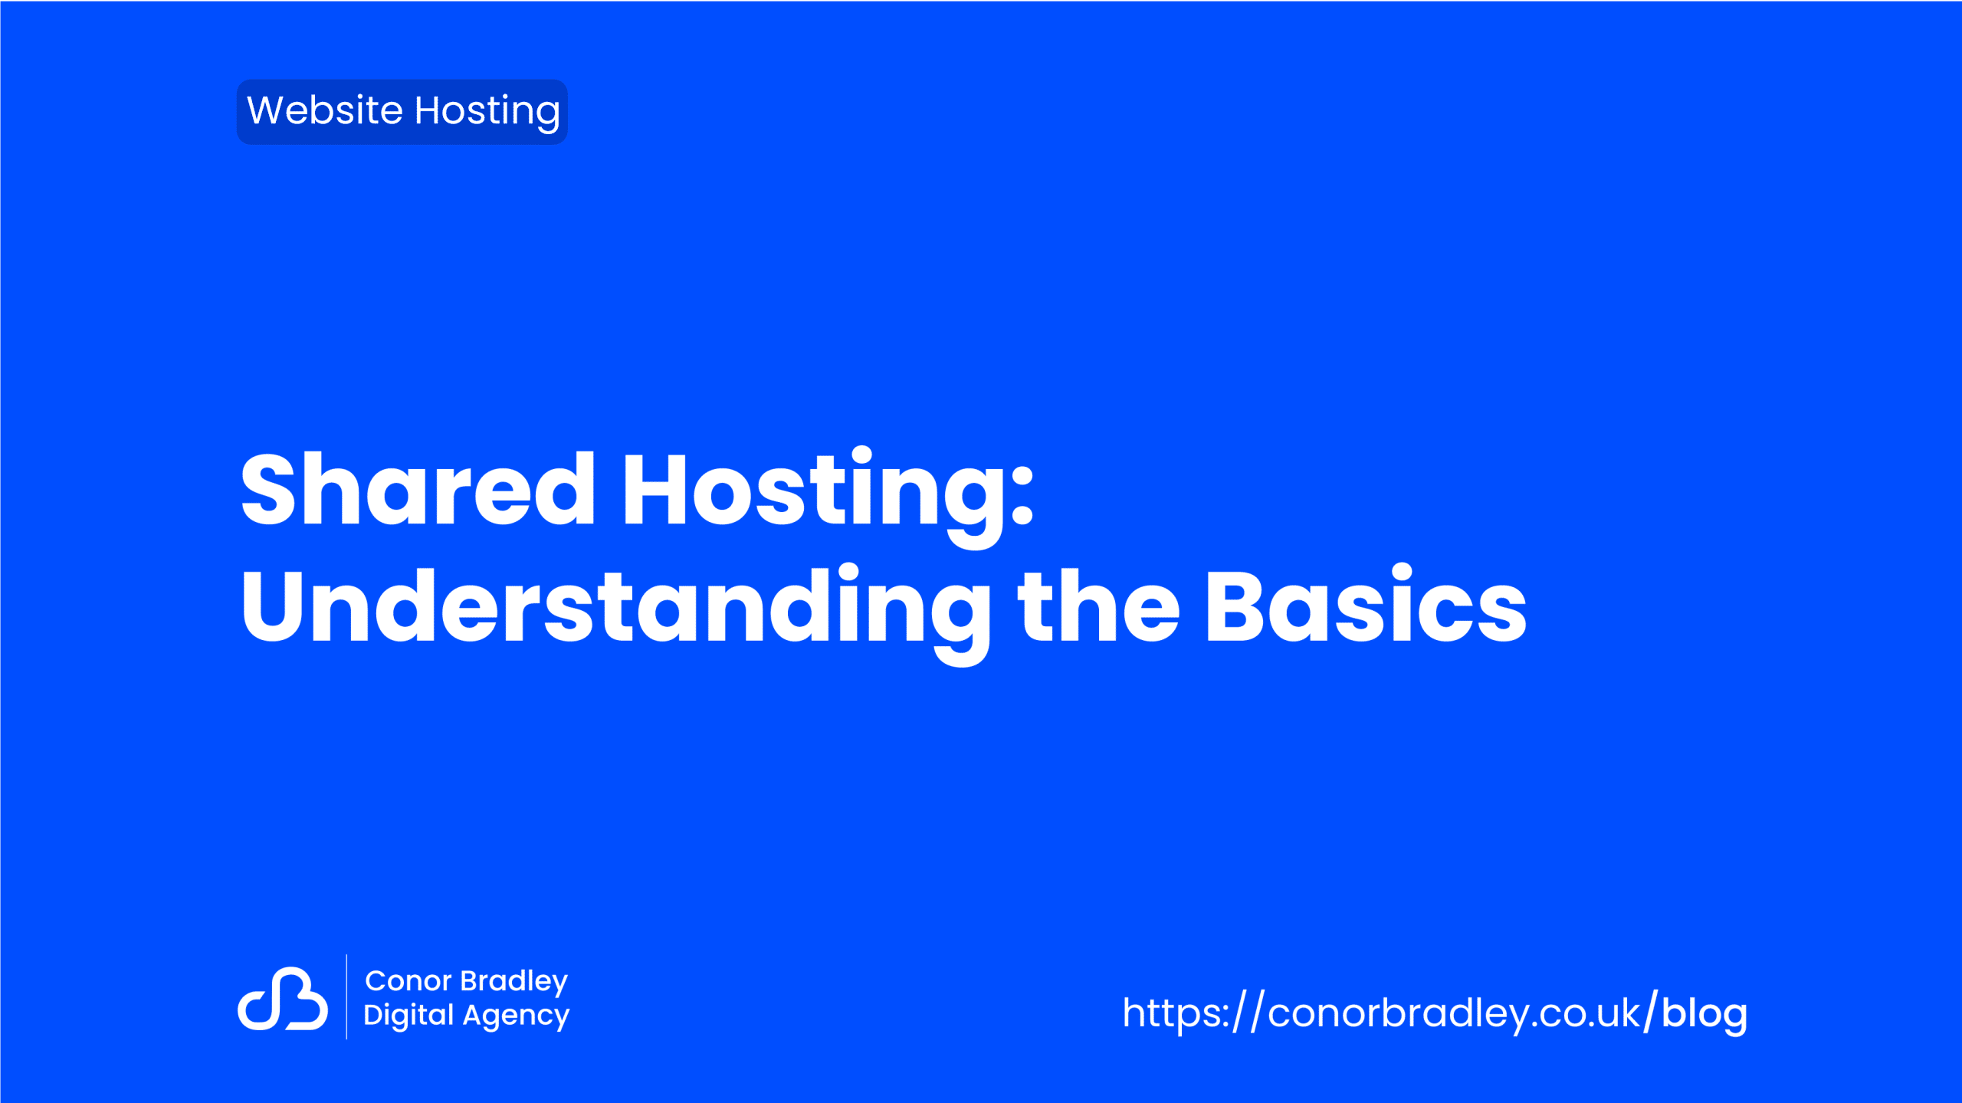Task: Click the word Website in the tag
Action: (324, 110)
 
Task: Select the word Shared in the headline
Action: (418, 489)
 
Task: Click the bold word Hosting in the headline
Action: (812, 497)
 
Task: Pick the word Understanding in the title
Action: (615, 613)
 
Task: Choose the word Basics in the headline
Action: (1366, 605)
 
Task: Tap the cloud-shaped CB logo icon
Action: (283, 998)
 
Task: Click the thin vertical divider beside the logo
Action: (346, 996)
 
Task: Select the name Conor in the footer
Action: (408, 981)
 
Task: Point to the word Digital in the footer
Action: (408, 1016)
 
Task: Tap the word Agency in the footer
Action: (517, 1017)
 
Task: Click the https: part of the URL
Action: (1176, 1013)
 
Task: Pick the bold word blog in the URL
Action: (1704, 1014)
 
